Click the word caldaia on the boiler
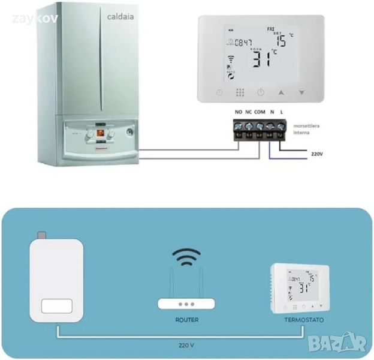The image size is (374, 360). tap(120, 17)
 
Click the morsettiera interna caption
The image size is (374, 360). tap(306, 130)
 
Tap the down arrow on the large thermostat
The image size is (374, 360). tap(301, 93)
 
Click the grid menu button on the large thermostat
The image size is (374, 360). tap(240, 93)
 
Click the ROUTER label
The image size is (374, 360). tap(186, 320)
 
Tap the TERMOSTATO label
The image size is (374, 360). tap(304, 320)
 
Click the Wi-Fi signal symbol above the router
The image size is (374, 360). tap(186, 257)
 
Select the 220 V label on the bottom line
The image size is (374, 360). tap(186, 346)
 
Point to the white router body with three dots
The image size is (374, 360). tap(186, 304)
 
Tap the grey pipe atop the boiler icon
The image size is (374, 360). tap(41, 234)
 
